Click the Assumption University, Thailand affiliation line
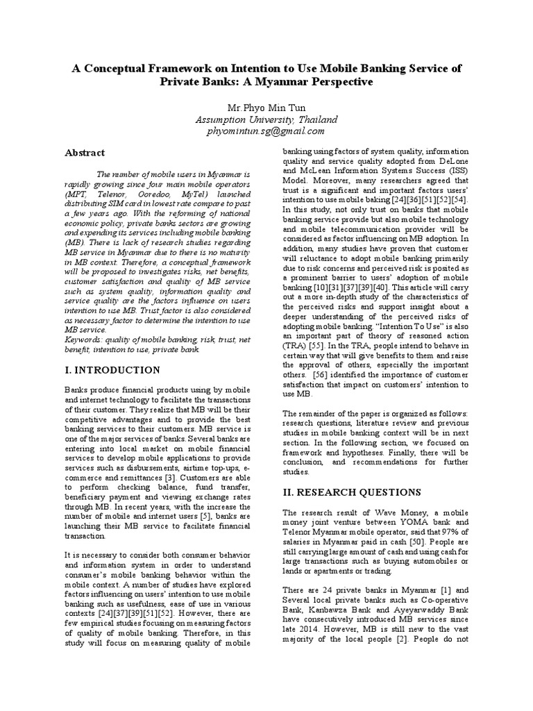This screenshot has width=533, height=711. click(266, 119)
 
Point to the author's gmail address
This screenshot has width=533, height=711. click(266, 131)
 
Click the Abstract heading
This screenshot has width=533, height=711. click(85, 153)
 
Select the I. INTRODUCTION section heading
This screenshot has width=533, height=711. click(112, 370)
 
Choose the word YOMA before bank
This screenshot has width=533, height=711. click(416, 521)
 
